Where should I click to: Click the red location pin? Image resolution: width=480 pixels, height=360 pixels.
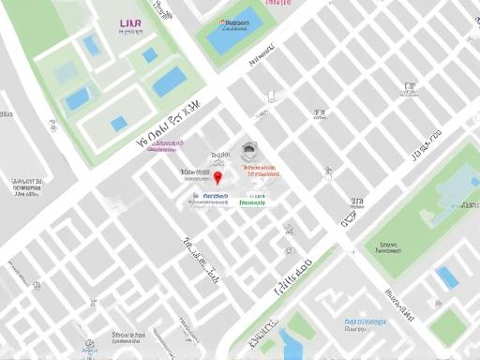pos(218,177)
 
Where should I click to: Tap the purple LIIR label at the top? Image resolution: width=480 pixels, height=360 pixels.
pos(131,22)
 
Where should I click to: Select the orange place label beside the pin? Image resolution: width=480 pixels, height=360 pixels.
pos(262,172)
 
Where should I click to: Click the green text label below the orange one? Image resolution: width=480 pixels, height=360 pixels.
pos(252,201)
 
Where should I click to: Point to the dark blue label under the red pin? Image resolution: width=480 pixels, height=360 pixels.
pos(209,198)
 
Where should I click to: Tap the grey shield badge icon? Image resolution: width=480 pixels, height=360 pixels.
pos(248,150)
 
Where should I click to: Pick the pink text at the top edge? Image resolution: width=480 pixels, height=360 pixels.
pos(278,3)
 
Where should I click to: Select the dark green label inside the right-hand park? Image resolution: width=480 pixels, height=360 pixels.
pos(387,248)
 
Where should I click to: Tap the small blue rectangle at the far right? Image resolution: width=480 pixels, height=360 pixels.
pos(447,277)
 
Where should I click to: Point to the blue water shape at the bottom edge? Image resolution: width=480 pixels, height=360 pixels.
pos(291,345)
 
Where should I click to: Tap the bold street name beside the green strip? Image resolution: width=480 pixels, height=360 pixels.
pos(292,277)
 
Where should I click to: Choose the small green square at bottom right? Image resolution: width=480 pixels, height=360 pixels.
pos(448,326)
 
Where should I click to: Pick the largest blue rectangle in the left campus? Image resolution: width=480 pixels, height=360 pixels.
pos(170,82)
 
